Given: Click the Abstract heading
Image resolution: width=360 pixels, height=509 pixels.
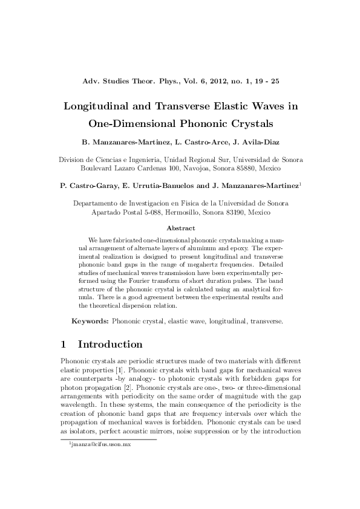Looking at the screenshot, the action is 180,228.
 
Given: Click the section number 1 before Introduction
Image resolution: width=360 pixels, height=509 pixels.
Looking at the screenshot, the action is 64,345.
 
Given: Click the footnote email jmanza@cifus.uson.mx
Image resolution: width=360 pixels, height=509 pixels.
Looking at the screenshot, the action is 100,444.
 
